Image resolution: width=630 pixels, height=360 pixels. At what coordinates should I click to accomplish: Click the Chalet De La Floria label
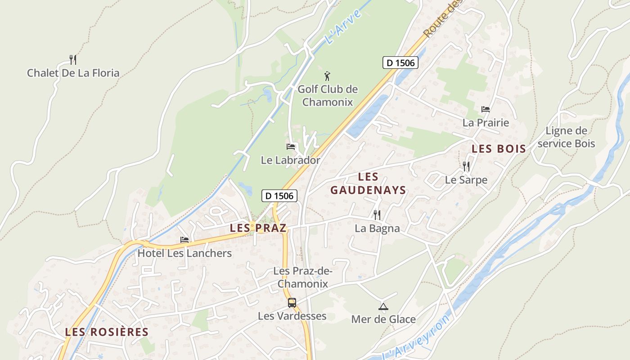click(x=73, y=73)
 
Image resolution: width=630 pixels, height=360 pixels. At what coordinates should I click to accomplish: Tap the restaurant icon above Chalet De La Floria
click(x=73, y=59)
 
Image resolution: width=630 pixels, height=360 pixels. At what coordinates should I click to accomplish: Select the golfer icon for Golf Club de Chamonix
click(x=327, y=76)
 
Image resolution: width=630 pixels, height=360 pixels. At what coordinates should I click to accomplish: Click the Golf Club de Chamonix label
click(x=328, y=95)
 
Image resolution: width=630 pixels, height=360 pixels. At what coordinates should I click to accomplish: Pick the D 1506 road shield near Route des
click(x=400, y=63)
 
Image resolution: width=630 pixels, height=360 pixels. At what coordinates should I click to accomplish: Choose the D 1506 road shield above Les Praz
click(x=279, y=195)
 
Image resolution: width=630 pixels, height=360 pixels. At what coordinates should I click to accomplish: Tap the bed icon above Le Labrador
click(x=291, y=146)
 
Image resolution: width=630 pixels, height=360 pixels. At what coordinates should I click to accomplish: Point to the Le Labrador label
click(x=291, y=160)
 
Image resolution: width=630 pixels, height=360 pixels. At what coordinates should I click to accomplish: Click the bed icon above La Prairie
click(x=486, y=109)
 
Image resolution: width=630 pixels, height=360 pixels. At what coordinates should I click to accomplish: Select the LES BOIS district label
click(x=499, y=149)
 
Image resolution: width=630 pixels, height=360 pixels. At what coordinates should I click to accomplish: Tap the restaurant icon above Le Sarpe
click(x=466, y=166)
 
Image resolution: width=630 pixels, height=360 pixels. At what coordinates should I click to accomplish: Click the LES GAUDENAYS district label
click(x=369, y=184)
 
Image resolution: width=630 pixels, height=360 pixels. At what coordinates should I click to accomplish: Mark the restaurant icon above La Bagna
click(x=377, y=215)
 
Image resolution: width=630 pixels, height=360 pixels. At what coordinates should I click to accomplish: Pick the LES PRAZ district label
click(x=258, y=228)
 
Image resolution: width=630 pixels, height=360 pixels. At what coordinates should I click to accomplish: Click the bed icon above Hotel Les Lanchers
click(x=184, y=239)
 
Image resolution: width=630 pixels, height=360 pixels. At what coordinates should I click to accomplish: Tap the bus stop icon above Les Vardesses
click(x=292, y=302)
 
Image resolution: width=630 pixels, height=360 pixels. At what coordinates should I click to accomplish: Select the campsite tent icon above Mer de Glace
click(x=383, y=307)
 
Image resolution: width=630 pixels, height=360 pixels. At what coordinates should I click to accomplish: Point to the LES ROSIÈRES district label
click(x=107, y=332)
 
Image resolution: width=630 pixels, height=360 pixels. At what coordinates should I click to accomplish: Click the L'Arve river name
click(x=343, y=27)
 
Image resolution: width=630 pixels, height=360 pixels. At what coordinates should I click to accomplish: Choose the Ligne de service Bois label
click(x=566, y=137)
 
